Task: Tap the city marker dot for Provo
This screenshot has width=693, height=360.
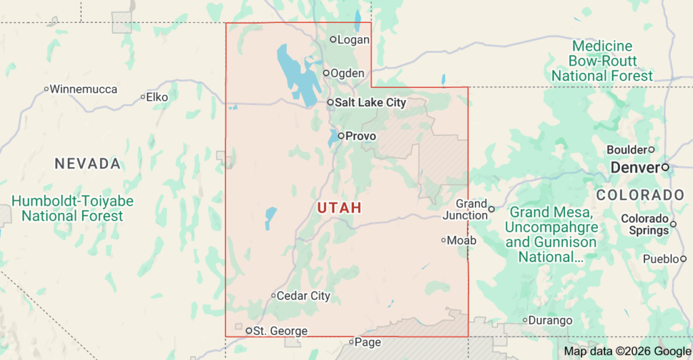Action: [x=340, y=135]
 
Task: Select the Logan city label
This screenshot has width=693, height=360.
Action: [x=353, y=40]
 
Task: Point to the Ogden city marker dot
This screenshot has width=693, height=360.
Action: [x=326, y=73]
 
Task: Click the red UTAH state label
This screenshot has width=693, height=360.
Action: [x=339, y=208]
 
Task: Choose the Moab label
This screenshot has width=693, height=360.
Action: [x=462, y=240]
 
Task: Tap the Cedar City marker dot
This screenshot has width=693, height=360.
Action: [x=273, y=295]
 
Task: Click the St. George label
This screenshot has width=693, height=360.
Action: [x=280, y=331]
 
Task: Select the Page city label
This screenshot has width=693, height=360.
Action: [x=367, y=342]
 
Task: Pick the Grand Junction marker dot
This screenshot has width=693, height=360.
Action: [x=491, y=209]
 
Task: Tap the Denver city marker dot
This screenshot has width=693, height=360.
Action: [x=665, y=166]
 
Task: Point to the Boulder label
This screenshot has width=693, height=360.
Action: [x=627, y=150]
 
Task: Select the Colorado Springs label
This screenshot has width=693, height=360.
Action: [x=645, y=224]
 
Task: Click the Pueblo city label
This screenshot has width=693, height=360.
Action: [x=661, y=258]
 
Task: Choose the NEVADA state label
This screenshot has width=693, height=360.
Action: [x=88, y=164]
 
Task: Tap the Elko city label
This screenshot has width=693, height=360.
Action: [x=157, y=97]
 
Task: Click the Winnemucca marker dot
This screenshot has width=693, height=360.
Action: [x=46, y=89]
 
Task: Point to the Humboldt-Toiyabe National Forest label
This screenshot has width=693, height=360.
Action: [x=72, y=208]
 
